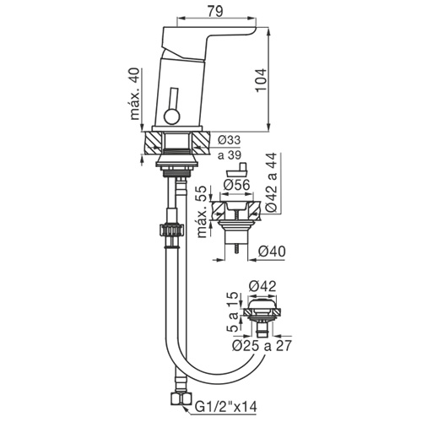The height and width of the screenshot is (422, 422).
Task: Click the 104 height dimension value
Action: point(261,80)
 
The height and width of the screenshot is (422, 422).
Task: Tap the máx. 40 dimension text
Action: point(135,94)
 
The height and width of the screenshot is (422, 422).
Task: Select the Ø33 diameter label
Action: point(230,140)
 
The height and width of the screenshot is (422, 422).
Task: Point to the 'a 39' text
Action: point(230,154)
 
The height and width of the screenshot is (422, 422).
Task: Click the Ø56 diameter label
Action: point(236,185)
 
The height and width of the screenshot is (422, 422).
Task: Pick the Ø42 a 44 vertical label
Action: point(272,182)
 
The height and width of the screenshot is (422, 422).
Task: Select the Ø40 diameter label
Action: point(272,252)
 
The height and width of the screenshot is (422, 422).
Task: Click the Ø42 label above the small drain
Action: point(262,286)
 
